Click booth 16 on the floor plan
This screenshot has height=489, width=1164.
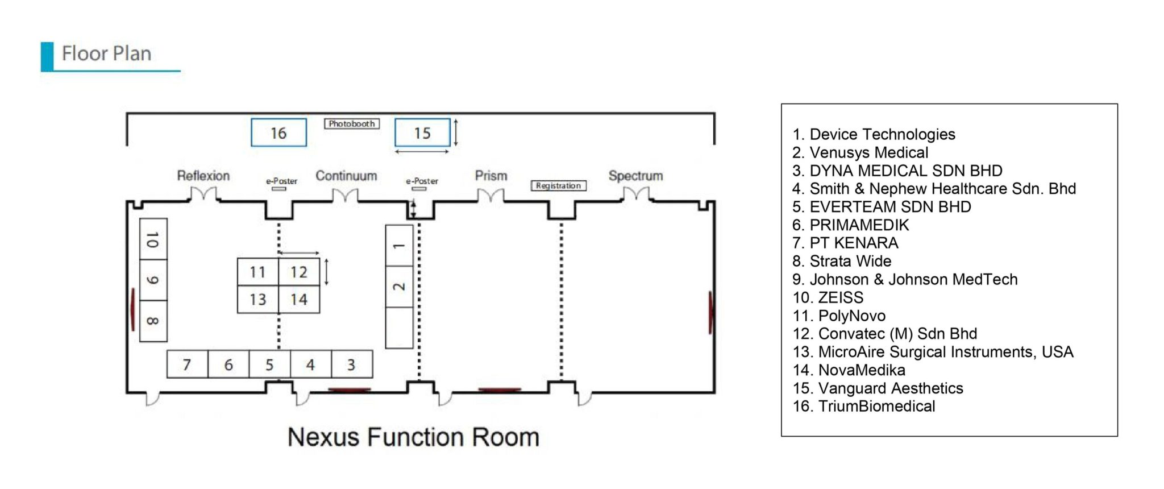point(278,132)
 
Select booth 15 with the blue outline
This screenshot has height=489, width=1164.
point(422,132)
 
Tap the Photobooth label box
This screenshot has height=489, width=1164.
point(352,123)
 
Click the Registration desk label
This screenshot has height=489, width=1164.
point(558,185)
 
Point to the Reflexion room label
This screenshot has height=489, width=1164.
point(203,176)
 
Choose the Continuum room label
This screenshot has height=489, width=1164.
point(346,176)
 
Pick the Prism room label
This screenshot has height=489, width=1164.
point(491,176)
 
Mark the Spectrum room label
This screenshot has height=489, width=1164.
point(635,176)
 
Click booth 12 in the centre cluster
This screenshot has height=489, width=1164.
point(299,272)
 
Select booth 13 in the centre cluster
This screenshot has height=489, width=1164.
point(258,299)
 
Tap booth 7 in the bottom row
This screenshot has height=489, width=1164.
point(187,364)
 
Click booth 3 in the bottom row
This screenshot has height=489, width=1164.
point(352,364)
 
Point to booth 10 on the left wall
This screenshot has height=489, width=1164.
point(153,239)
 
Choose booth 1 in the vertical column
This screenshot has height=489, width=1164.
point(399,246)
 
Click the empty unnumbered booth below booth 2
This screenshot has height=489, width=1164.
point(399,328)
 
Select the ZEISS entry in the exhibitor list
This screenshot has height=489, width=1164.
point(828,297)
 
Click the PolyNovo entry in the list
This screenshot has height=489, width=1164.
point(839,316)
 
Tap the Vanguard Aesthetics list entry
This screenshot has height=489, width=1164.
point(878,388)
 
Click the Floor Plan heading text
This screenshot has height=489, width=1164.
point(107,53)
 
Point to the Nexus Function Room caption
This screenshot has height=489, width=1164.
point(413,437)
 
